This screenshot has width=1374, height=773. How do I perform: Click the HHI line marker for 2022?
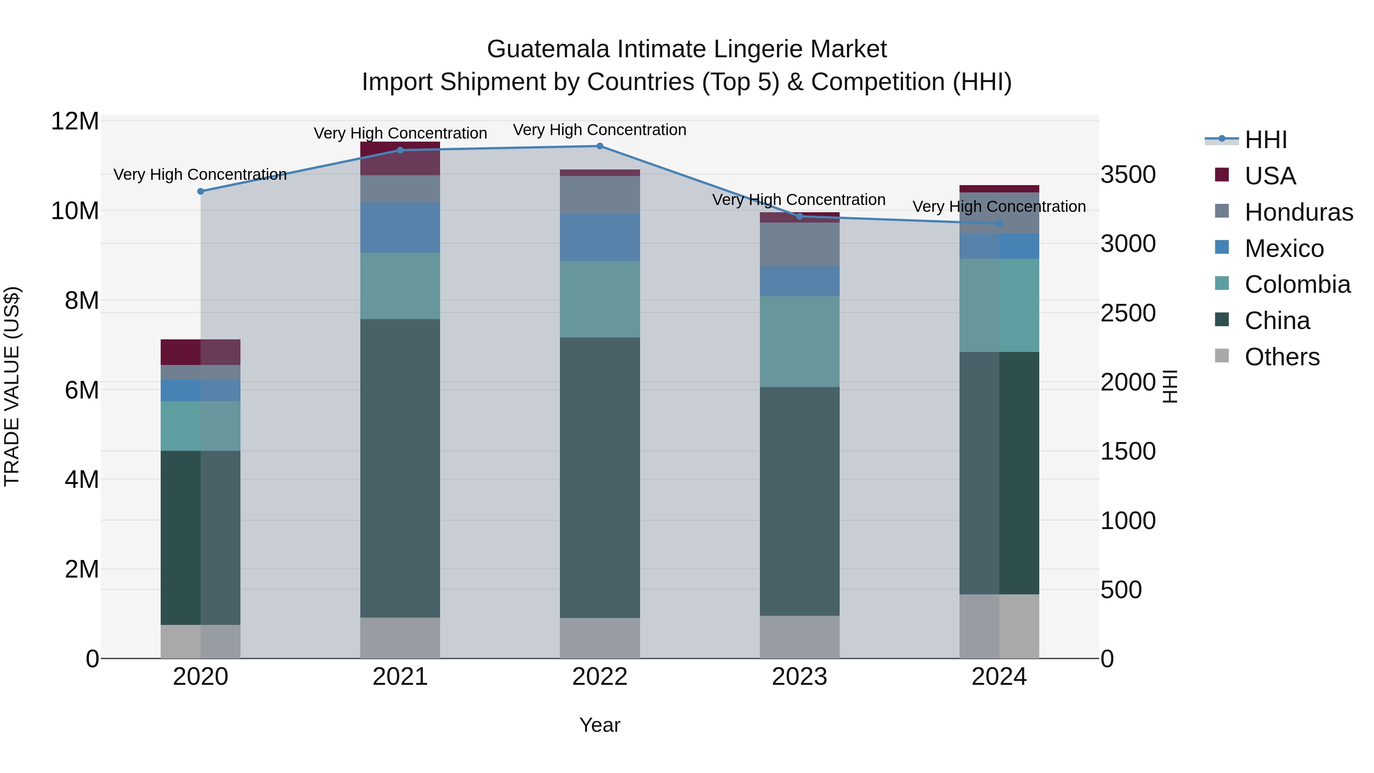pos(600,146)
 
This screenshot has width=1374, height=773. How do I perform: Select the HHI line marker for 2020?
pos(200,192)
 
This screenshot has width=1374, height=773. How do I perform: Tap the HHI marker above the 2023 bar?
pos(799,216)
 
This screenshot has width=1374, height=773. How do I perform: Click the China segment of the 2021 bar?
pos(400,468)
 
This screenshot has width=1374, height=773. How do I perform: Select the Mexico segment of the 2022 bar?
pos(600,237)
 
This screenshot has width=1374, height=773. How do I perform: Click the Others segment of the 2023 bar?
pos(799,637)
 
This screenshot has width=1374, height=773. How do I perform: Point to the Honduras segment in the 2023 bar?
pos(799,244)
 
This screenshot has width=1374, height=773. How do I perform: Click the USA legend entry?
pos(1269,176)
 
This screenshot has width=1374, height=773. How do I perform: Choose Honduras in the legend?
pos(1298,212)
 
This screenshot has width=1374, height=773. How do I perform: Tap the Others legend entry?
pos(1282,357)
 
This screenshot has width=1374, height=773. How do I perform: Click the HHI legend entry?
pos(1265,140)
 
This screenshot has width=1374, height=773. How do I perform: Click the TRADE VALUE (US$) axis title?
pos(12,386)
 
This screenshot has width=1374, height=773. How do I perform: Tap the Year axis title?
pos(600,725)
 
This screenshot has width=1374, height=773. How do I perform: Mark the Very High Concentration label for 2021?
pos(400,133)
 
